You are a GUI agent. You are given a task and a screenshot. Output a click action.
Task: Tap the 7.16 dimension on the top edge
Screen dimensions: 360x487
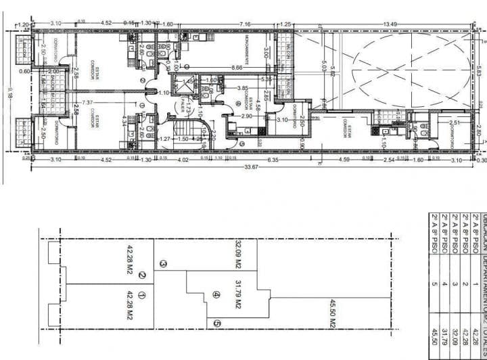tap(246, 25)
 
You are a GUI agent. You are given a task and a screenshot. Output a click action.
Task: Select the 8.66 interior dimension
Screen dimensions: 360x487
tap(236, 68)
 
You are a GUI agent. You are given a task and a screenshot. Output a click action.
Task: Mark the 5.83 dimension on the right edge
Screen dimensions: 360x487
tap(480, 68)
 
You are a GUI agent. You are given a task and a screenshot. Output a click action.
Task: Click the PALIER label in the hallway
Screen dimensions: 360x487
tap(184, 104)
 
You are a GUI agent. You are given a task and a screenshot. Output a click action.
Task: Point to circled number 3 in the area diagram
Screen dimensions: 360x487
tap(162, 264)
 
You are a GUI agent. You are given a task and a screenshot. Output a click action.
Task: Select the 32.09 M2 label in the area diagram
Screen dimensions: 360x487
tap(238, 252)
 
